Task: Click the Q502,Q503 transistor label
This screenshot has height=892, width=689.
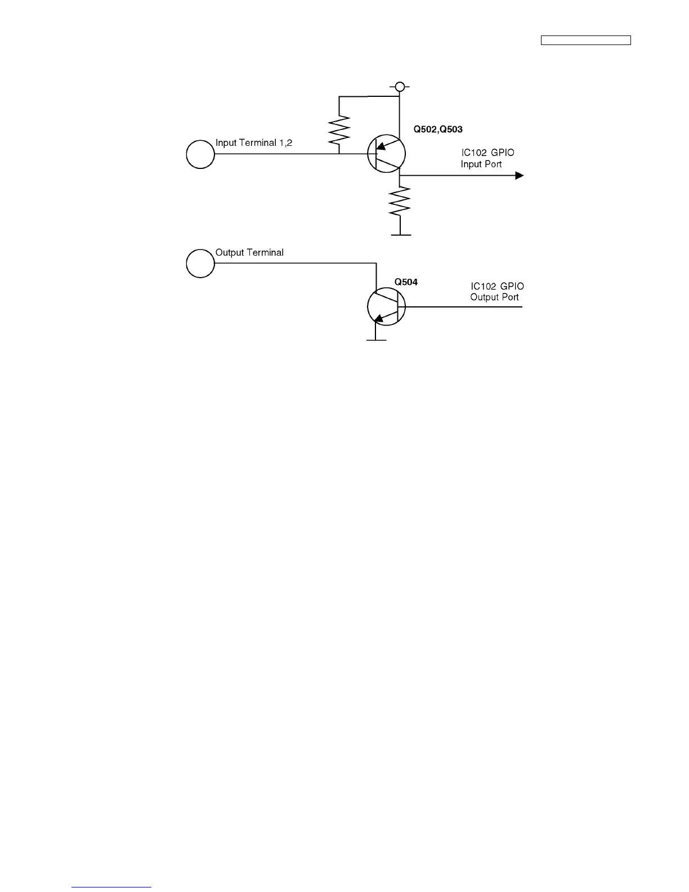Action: click(x=438, y=130)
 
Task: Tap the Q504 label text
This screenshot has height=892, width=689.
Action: click(x=406, y=282)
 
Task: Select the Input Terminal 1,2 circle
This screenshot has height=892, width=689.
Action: click(x=200, y=154)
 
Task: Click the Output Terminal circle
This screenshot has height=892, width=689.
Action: click(x=200, y=263)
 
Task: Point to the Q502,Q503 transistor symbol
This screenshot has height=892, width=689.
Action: click(x=386, y=153)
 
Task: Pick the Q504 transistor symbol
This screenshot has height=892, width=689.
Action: click(x=386, y=307)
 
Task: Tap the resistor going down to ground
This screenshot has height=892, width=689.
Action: click(x=399, y=201)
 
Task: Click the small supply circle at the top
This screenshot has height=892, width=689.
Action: click(x=399, y=87)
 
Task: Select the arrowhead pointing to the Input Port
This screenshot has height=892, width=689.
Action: click(x=519, y=176)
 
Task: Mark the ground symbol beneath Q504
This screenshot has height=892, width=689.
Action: click(x=376, y=340)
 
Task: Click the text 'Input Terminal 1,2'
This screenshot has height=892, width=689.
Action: click(x=254, y=143)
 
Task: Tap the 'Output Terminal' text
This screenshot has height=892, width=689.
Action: click(x=249, y=253)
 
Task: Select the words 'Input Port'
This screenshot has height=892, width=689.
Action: click(x=481, y=164)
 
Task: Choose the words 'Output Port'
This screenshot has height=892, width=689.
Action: click(x=494, y=297)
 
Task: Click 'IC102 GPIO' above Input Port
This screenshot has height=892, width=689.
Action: click(x=487, y=153)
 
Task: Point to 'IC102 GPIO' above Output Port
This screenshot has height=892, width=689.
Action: click(x=497, y=287)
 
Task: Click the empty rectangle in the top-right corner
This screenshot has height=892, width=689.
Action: click(x=585, y=40)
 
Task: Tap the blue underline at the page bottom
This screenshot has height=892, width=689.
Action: click(x=111, y=887)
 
